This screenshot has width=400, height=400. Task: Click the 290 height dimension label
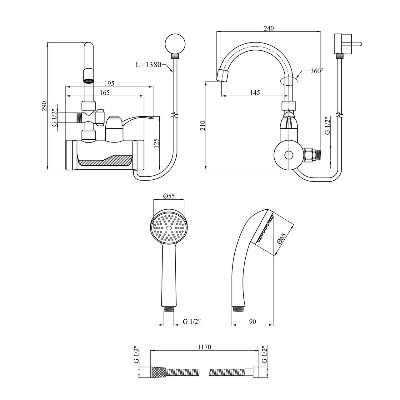(44, 106)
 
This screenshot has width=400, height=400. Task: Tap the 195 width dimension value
(109, 83)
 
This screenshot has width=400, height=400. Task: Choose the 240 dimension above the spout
(268, 28)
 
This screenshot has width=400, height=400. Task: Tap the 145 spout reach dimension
(255, 92)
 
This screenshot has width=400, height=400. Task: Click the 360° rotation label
(316, 71)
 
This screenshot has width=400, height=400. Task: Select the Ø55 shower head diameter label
(169, 196)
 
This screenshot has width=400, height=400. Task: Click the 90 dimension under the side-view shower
(253, 322)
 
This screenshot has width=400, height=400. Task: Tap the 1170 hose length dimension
(204, 347)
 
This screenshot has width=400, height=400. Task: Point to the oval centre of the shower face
(169, 229)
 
